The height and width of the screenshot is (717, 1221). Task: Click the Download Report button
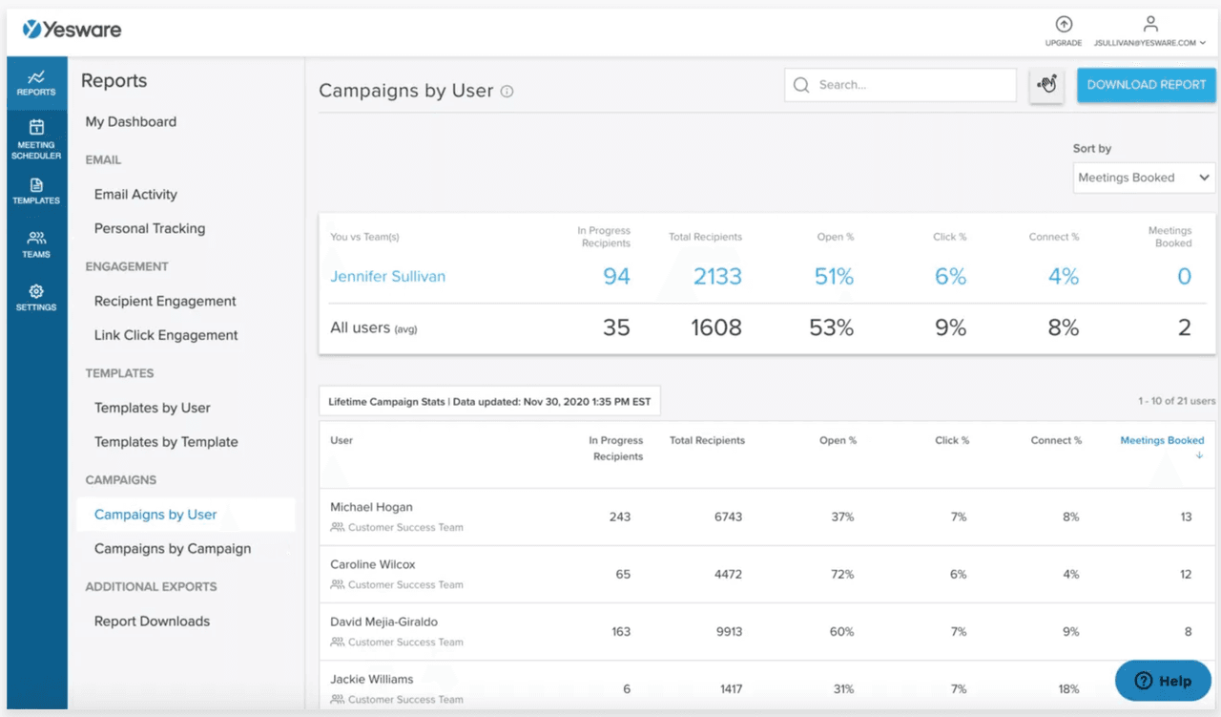1146,85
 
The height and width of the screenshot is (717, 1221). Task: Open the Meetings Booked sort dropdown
1144,178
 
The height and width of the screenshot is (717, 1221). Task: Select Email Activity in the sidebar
135,195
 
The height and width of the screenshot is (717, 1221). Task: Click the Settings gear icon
36,292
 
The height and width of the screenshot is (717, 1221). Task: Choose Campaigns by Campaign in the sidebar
173,549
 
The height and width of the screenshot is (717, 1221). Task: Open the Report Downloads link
152,622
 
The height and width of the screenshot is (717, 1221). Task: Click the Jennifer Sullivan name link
387,277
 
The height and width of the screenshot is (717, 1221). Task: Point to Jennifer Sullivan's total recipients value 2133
717,277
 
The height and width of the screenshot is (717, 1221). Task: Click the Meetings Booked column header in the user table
1162,441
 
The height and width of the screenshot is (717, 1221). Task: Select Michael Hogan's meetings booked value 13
1186,517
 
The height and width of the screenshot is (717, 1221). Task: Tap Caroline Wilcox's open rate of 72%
842,575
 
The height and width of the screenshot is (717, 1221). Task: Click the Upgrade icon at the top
1064,26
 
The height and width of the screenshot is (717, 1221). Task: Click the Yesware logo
72,30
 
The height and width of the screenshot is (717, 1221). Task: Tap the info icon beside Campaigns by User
507,92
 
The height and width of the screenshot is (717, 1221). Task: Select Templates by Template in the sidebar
166,442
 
